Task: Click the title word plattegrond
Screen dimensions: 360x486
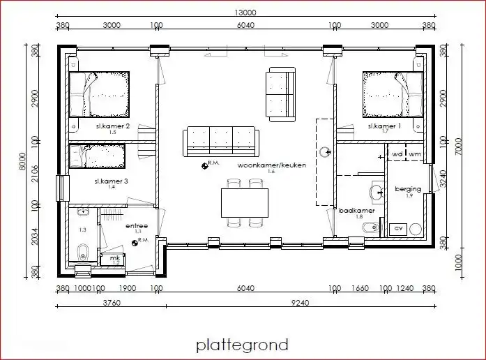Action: (x=242, y=345)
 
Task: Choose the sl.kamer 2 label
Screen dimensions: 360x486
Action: (x=112, y=126)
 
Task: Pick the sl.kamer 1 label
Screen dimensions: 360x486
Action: (x=384, y=126)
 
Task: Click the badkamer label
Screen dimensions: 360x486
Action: (x=357, y=210)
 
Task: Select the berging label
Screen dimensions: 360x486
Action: (x=408, y=189)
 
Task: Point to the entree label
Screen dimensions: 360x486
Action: (x=137, y=226)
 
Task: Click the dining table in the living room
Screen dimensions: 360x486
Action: (x=245, y=203)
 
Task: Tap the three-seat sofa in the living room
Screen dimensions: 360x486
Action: (x=220, y=140)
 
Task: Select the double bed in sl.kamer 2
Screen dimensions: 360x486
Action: (x=99, y=94)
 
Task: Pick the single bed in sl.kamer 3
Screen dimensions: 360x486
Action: (x=97, y=156)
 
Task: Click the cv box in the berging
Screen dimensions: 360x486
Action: (x=399, y=228)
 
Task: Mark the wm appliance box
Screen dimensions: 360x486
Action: (x=416, y=153)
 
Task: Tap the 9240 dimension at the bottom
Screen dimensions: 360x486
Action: (x=301, y=303)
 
